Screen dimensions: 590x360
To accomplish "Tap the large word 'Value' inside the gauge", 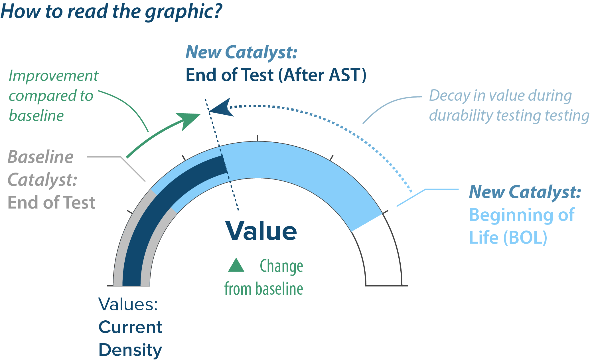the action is [x=261, y=231].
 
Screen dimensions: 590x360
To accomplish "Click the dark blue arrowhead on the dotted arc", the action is [x=222, y=108].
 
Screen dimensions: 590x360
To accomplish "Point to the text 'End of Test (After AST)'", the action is [x=276, y=75].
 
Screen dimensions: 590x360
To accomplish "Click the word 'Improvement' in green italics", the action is [x=54, y=76].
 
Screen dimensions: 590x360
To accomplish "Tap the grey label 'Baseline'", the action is [x=40, y=157].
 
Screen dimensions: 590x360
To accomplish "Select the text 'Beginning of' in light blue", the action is [x=522, y=215].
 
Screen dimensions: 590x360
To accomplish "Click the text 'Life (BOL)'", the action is [x=508, y=237].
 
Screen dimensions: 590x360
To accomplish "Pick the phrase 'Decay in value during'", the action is [x=500, y=96].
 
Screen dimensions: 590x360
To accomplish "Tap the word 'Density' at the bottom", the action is [x=130, y=350].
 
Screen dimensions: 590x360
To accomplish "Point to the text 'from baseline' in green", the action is [x=263, y=289].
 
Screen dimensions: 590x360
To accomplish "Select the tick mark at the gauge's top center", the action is [x=258, y=138].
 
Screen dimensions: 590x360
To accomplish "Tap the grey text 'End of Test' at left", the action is [x=51, y=203].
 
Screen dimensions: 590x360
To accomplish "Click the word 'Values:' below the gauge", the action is [x=128, y=304].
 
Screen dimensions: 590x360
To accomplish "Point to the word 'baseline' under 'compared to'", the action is [x=36, y=116].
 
